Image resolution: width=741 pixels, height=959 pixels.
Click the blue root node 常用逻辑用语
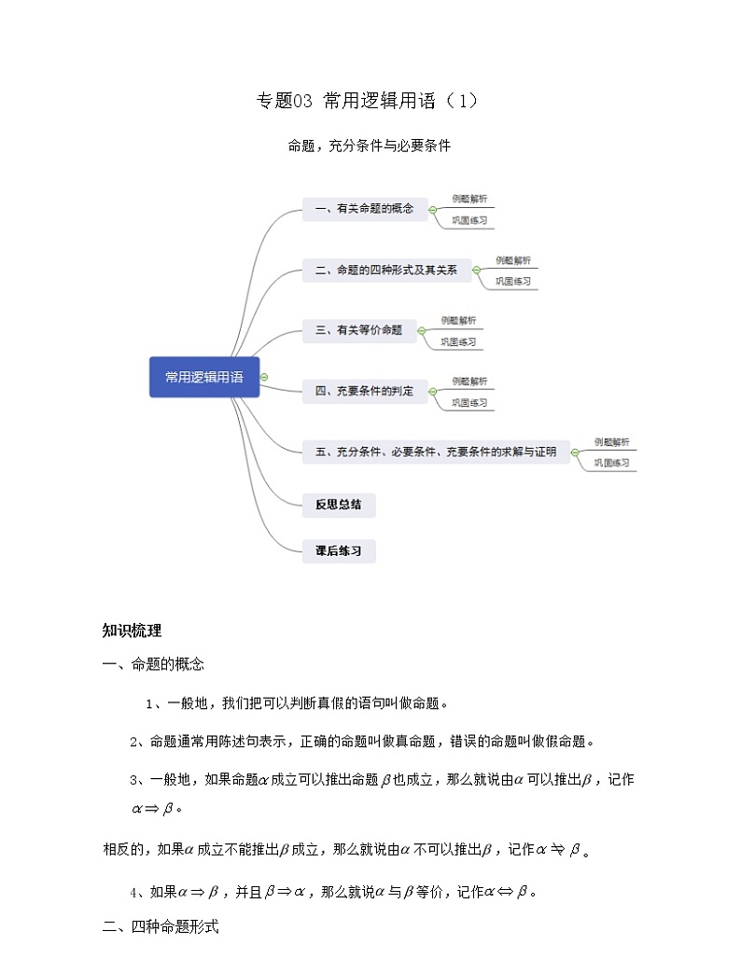pyautogui.click(x=204, y=377)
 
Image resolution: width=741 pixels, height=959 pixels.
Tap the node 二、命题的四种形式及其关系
pyautogui.click(x=385, y=271)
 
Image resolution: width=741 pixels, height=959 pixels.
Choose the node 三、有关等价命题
pyautogui.click(x=358, y=330)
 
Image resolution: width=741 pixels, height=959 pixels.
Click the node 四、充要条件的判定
pyautogui.click(x=364, y=391)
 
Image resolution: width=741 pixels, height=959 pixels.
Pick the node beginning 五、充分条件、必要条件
pyautogui.click(x=436, y=452)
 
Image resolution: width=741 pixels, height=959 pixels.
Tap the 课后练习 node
pyautogui.click(x=339, y=551)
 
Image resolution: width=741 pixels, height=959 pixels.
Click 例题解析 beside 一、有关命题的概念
pyautogui.click(x=469, y=199)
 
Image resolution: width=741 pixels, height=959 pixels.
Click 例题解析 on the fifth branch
pyautogui.click(x=611, y=442)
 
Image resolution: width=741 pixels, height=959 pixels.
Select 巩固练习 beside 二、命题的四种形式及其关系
pyautogui.click(x=513, y=281)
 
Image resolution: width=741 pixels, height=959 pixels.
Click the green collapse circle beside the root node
pyautogui.click(x=265, y=377)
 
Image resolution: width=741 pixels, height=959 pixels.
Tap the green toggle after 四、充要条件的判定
pyautogui.click(x=433, y=392)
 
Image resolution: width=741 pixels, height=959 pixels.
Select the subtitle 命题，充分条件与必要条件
pyautogui.click(x=370, y=146)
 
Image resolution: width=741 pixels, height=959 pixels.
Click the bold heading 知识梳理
pyautogui.click(x=132, y=631)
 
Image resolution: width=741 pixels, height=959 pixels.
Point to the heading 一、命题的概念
pyautogui.click(x=153, y=664)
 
